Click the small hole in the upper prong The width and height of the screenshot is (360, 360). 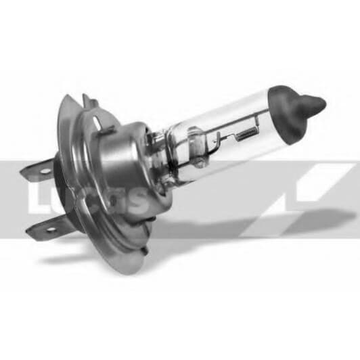tap(45, 171)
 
